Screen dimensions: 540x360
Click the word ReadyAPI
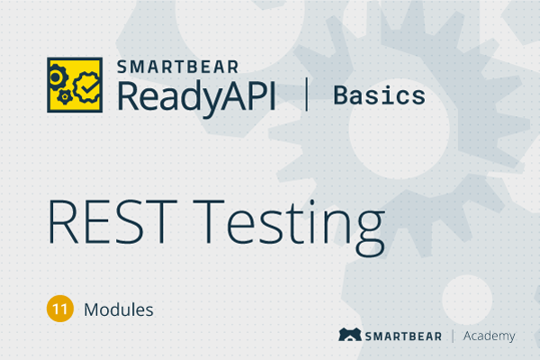click(196, 96)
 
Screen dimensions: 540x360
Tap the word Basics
click(380, 95)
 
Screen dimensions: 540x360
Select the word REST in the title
click(112, 221)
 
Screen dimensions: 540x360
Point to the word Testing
click(289, 228)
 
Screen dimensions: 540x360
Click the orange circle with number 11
click(60, 309)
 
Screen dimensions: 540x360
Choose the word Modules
click(119, 310)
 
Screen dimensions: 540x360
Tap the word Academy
click(489, 337)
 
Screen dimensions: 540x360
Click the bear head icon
click(350, 335)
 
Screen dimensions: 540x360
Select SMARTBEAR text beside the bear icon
click(403, 337)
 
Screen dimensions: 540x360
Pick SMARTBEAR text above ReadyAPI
click(177, 67)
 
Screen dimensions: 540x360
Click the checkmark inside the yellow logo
click(89, 87)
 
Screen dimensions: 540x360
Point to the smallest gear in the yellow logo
click(65, 97)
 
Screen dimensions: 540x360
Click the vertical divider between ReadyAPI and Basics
click(307, 94)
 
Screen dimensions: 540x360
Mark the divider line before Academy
click(453, 337)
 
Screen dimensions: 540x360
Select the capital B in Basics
click(341, 95)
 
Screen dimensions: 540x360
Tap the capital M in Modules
click(92, 310)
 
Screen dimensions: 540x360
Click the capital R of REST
click(63, 221)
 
